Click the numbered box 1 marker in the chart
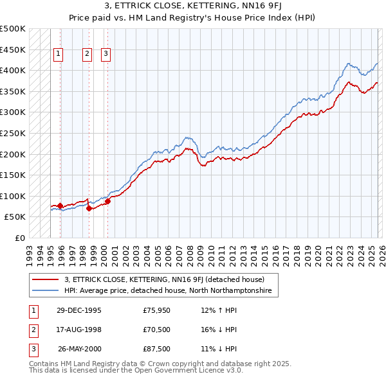pos(59,55)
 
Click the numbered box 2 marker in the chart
pos(87,55)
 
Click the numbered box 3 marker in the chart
pos(106,55)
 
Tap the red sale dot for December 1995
pos(60,206)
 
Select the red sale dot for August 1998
pos(89,208)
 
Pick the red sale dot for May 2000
pos(107,201)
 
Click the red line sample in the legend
pos(46,279)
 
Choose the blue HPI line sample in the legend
pos(46,291)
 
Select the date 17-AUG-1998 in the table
pos(79,330)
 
